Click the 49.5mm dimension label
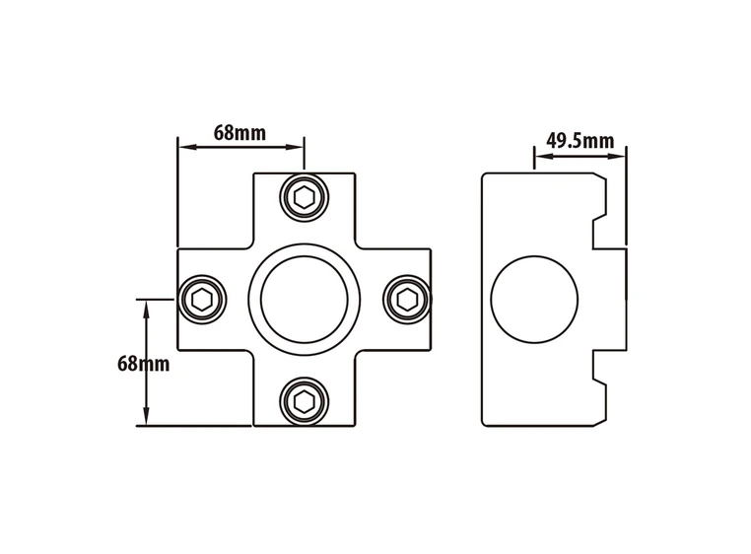click(580, 141)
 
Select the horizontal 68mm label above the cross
click(239, 133)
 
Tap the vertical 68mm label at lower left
click(143, 364)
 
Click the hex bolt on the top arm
click(304, 197)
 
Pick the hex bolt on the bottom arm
click(304, 401)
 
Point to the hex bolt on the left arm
click(202, 300)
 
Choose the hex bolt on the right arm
click(407, 300)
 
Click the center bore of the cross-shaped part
click(305, 300)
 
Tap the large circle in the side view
click(534, 300)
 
